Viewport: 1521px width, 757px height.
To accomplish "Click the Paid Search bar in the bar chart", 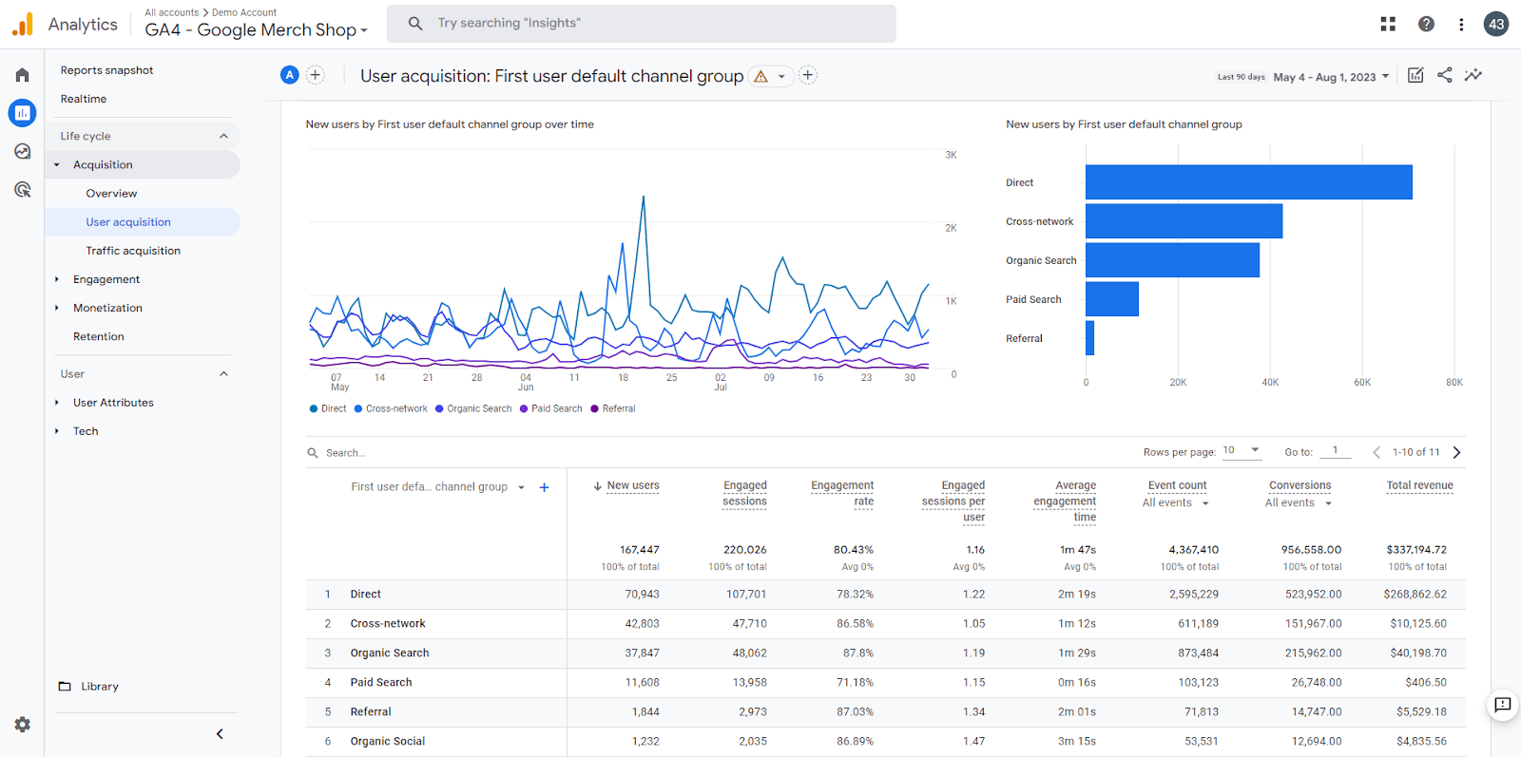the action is (1111, 299).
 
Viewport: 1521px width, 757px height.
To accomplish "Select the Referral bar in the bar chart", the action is (1089, 338).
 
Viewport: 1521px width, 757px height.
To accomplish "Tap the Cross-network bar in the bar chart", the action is (1184, 221).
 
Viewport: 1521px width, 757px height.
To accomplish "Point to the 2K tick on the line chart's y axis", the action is (951, 228).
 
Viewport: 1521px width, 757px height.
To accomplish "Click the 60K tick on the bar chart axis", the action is (1362, 383).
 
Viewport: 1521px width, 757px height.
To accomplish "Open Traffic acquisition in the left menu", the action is (133, 251).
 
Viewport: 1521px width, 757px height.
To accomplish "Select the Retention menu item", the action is (99, 336).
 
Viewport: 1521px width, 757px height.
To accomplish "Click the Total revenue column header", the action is (1419, 485).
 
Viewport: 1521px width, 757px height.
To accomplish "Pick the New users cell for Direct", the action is (642, 595).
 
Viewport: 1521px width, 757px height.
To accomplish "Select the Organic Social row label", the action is (388, 742).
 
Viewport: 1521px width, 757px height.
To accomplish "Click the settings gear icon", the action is (23, 725).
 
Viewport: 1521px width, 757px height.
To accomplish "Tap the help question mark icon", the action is (1426, 24).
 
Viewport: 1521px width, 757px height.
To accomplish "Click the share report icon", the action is (1444, 75).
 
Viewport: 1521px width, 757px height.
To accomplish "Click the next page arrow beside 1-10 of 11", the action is (1456, 452).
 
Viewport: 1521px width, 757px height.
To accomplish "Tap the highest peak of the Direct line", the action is (643, 197).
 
